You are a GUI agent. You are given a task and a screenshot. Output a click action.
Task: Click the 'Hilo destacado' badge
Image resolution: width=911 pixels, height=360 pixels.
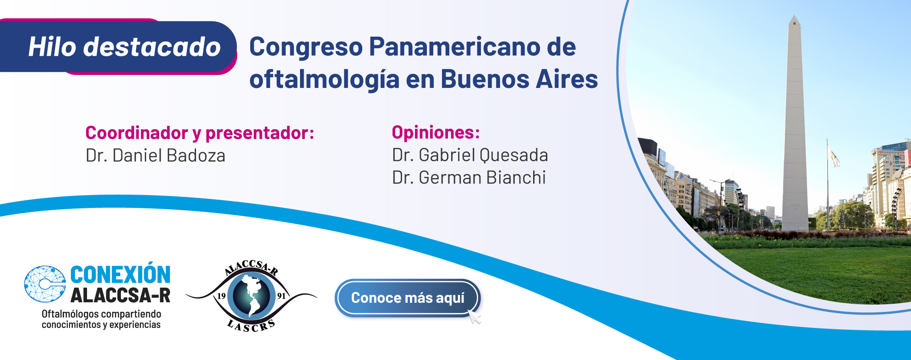tap(118, 46)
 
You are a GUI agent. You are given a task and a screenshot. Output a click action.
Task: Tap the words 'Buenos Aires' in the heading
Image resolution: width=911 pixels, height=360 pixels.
tap(519, 79)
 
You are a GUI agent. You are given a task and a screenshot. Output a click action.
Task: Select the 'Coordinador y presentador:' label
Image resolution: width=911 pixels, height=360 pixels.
tap(200, 133)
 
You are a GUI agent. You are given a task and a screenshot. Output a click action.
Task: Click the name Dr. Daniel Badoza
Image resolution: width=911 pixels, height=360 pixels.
tap(155, 156)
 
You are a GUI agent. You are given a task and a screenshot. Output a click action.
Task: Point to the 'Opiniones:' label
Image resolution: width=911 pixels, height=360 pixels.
tap(436, 132)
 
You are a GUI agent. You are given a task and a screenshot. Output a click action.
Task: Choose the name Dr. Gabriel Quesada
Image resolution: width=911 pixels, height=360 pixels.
tap(470, 155)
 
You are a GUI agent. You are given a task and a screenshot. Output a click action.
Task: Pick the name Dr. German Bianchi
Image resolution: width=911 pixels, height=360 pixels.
tap(469, 178)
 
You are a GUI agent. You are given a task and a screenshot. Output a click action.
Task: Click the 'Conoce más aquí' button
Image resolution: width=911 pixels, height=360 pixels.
tap(408, 298)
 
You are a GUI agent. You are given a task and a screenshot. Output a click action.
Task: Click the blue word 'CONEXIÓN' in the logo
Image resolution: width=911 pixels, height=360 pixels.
tap(120, 275)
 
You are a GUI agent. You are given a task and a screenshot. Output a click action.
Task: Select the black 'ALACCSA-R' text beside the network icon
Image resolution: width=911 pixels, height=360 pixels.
tap(120, 296)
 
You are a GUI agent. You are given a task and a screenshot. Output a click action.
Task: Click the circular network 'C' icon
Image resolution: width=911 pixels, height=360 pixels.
tap(45, 284)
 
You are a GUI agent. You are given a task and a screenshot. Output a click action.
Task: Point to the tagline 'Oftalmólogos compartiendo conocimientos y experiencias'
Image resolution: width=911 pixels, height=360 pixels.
tap(101, 319)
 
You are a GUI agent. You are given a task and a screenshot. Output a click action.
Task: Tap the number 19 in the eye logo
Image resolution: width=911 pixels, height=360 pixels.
tap(221, 296)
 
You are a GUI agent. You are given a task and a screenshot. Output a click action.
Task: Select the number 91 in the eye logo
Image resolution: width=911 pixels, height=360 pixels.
tap(281, 296)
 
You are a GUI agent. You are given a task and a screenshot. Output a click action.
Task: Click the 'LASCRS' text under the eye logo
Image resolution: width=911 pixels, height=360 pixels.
tap(251, 326)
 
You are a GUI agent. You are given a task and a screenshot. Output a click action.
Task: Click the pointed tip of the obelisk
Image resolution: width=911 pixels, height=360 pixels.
tap(795, 16)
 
